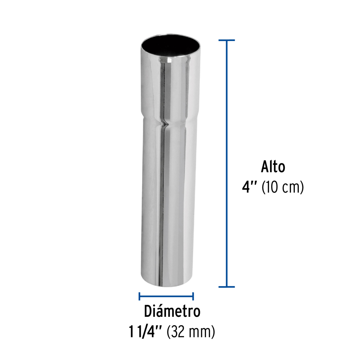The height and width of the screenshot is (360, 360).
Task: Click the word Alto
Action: pyautogui.click(x=273, y=167)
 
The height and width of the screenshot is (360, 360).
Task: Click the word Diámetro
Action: pyautogui.click(x=172, y=311)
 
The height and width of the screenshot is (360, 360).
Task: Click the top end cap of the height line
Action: pyautogui.click(x=227, y=40)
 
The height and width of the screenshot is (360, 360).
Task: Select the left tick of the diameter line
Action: pyautogui.click(x=139, y=296)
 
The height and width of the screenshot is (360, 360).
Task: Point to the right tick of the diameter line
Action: pyautogui.click(x=193, y=296)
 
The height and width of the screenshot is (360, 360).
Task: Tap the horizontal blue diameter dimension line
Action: pyautogui.click(x=166, y=296)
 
